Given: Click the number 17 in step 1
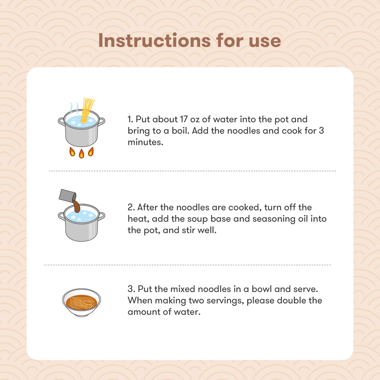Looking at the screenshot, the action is pos(183,119).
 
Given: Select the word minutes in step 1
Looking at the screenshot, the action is pos(145,142).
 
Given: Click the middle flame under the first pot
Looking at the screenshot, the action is pos(81,154).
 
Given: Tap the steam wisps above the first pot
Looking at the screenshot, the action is pos(74,108).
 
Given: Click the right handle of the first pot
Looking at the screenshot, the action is pos(102,121).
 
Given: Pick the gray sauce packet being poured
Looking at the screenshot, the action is pos(67,196).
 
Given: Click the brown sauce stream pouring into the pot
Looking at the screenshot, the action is pos(76,206).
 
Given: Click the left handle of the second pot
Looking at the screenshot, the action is pos(61,216).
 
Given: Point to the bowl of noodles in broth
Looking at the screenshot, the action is pos(81,303).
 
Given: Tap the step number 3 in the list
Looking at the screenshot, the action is pos(131,289).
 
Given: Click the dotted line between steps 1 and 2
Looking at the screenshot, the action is pos(193,171).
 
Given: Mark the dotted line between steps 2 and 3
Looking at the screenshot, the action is pos(187,265).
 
